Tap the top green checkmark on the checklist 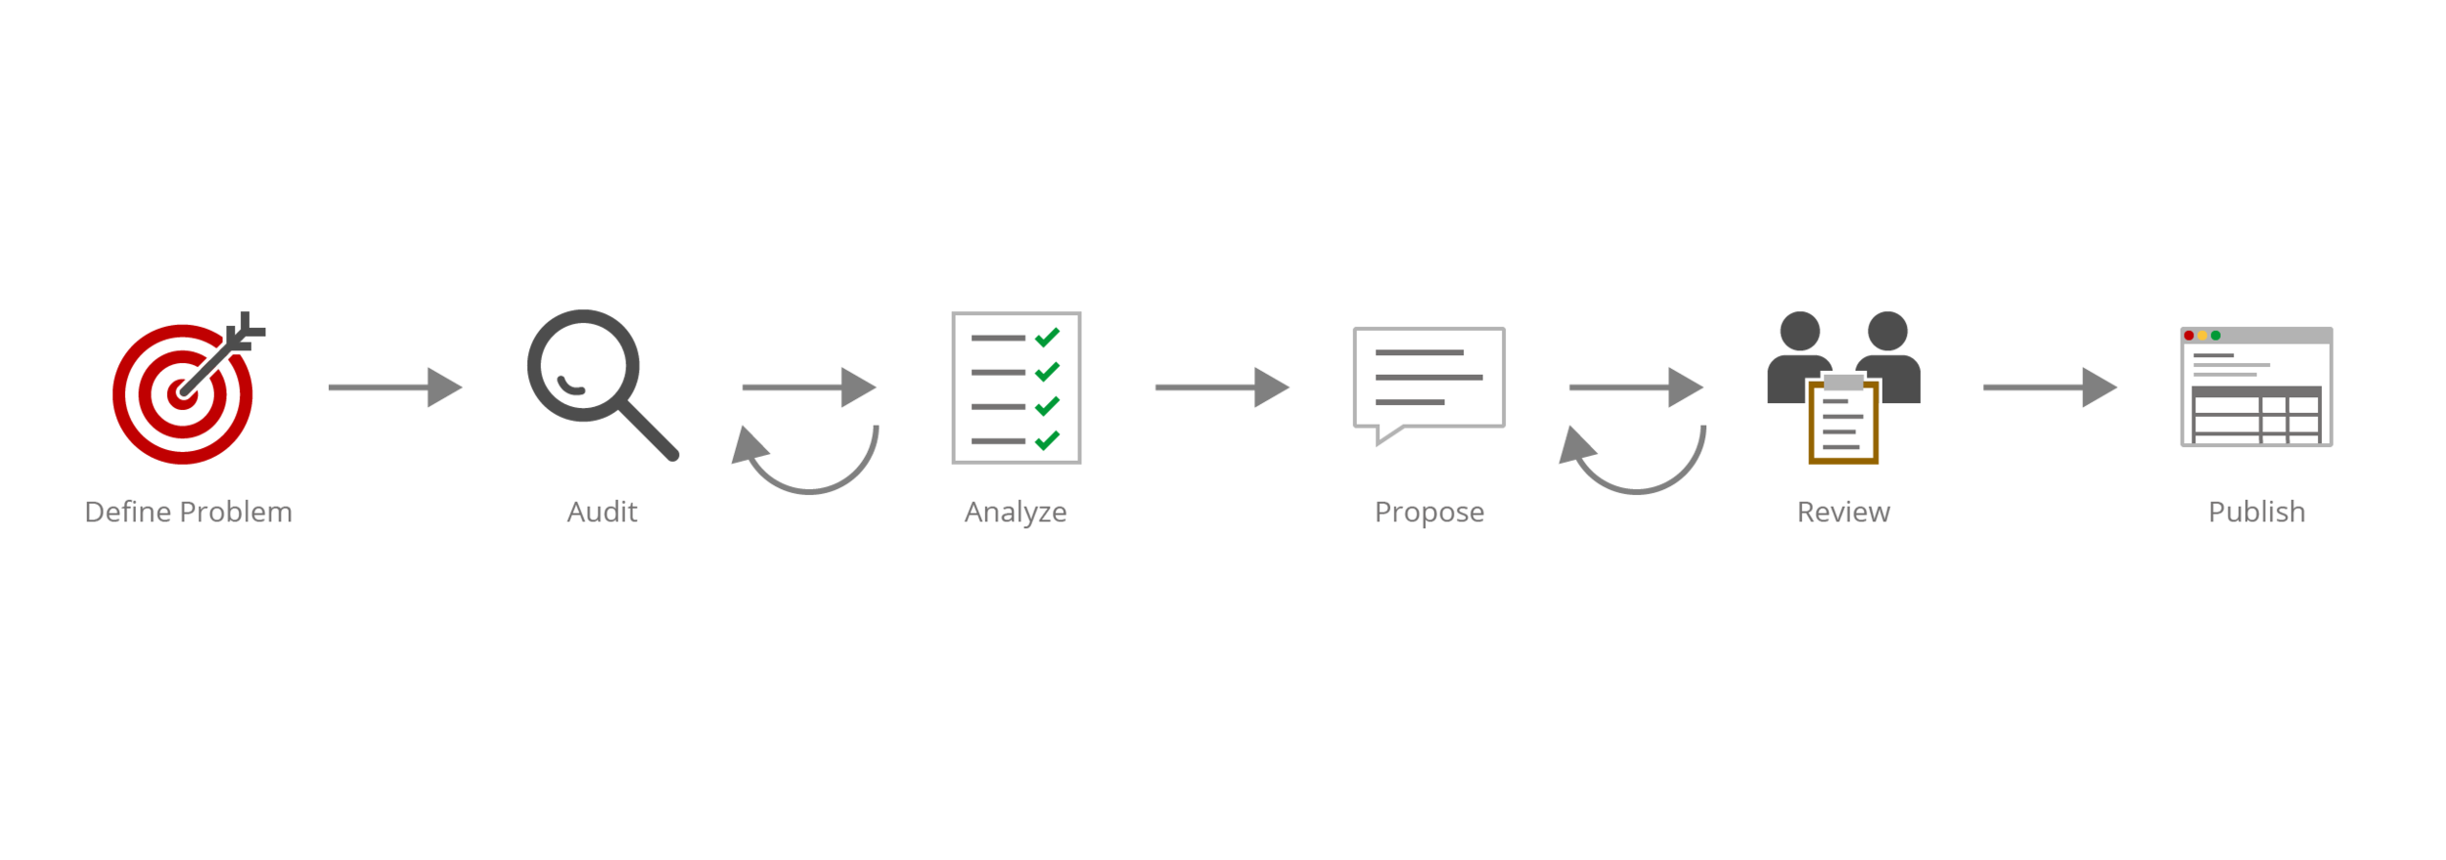point(1047,338)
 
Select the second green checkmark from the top point(1047,372)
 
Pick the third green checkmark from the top point(1047,405)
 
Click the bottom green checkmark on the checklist point(1047,440)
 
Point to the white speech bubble point(1428,378)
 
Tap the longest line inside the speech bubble point(1428,377)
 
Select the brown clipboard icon point(1844,425)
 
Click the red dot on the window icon point(2189,336)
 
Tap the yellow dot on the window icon point(2202,336)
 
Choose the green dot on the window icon point(2215,336)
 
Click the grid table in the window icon point(2256,415)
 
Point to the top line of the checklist point(998,338)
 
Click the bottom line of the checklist point(998,440)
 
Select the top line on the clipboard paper point(1835,401)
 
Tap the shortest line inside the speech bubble point(1409,402)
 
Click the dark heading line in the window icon point(2213,355)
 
